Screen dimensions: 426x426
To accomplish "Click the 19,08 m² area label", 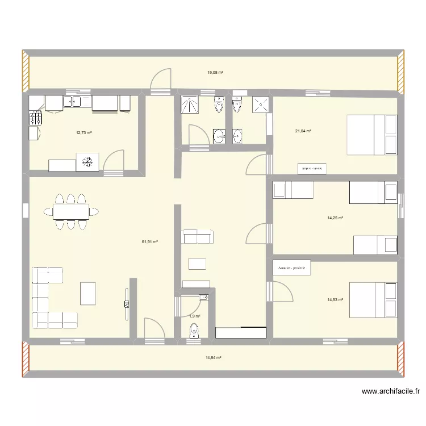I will (215, 73).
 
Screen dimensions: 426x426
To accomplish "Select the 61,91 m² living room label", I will (149, 242).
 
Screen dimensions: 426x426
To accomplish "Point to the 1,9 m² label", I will (194, 316).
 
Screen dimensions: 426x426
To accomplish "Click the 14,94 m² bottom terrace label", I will (213, 358).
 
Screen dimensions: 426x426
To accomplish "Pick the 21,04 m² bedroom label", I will (303, 131).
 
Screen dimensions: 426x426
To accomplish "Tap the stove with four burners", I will (35, 118).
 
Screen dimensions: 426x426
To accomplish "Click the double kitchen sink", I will (77, 102).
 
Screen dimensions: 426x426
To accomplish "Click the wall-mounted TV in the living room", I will (126, 298).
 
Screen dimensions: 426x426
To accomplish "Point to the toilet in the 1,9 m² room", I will (194, 330).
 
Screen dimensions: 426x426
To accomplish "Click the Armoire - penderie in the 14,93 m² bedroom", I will (292, 268).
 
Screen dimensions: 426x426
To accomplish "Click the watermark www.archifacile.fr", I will (391, 391).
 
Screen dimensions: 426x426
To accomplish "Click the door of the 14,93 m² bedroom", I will (281, 290).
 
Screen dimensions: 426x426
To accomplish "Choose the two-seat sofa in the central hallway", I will (197, 237).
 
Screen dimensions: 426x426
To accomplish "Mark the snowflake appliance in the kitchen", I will (87, 161).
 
